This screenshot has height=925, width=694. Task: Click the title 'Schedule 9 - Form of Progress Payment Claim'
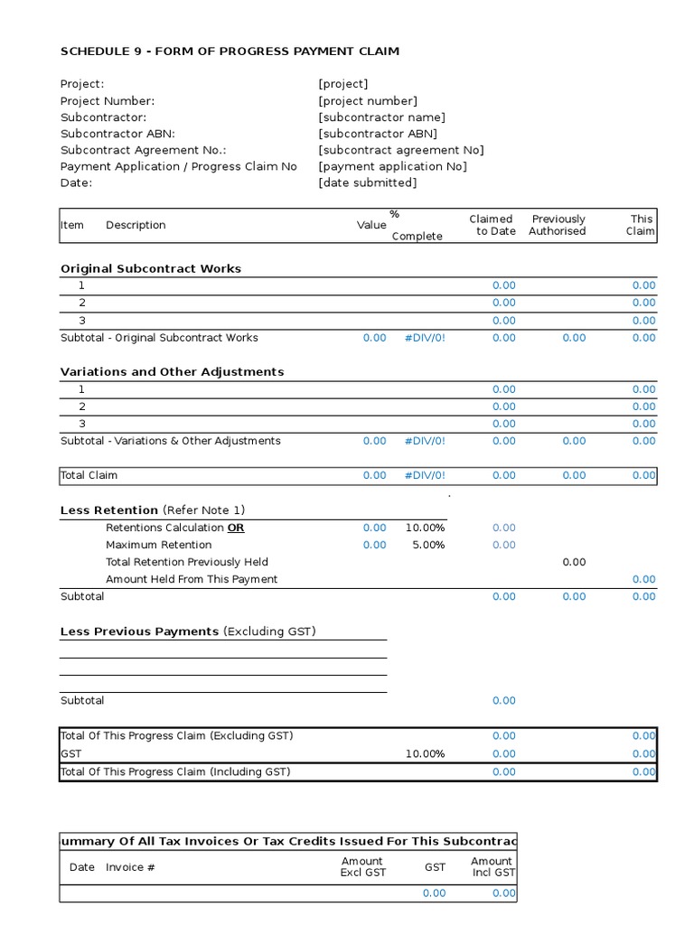pos(230,51)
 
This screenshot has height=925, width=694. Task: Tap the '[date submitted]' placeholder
pos(368,182)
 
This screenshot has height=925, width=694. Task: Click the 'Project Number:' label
pos(108,101)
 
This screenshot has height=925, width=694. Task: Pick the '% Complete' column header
pos(416,226)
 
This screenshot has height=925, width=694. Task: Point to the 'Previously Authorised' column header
pos(558,225)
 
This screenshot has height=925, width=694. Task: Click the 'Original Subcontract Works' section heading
pos(151,268)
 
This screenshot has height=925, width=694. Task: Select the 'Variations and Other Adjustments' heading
pos(172,371)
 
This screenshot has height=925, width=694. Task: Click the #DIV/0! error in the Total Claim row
pos(425,475)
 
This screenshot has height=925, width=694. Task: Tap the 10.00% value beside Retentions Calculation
pos(425,528)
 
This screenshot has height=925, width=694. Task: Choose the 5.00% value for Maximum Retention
pos(428,545)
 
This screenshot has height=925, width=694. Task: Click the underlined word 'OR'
pos(235,528)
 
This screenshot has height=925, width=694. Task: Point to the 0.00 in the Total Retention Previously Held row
pos(574,562)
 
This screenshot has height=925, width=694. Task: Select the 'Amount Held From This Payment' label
pos(192,579)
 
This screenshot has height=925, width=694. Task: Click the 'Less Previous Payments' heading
pos(139,631)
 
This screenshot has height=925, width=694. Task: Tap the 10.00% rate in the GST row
pos(425,753)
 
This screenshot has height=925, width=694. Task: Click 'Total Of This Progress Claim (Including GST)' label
pos(175,771)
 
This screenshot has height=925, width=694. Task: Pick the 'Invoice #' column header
pos(131,867)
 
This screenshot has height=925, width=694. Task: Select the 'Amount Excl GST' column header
pos(362,867)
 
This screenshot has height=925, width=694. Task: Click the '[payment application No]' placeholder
pos(392,166)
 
